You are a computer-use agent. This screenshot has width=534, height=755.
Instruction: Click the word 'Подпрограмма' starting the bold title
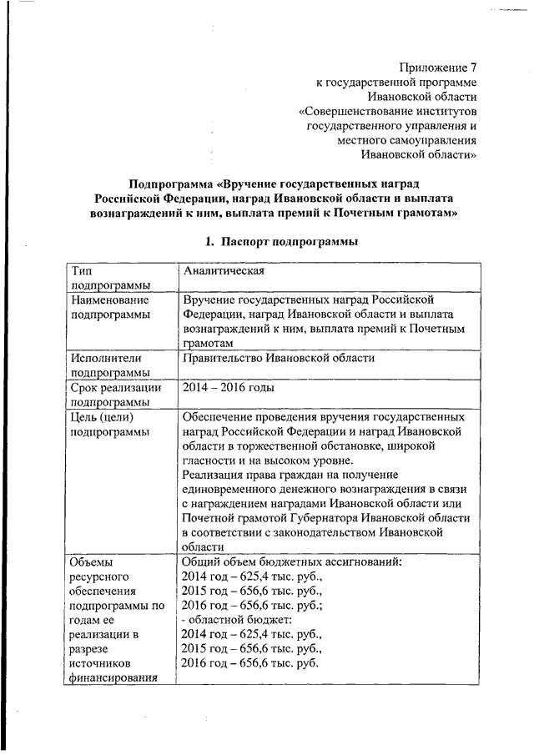172,183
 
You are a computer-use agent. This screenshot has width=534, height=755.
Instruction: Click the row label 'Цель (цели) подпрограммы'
108,424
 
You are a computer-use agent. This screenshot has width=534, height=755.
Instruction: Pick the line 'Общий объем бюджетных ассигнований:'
292,561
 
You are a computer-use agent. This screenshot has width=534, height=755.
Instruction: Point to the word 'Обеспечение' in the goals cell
219,416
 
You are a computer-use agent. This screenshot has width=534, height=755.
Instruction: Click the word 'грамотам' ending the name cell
206,343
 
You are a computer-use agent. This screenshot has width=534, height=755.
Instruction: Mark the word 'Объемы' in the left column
91,561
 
